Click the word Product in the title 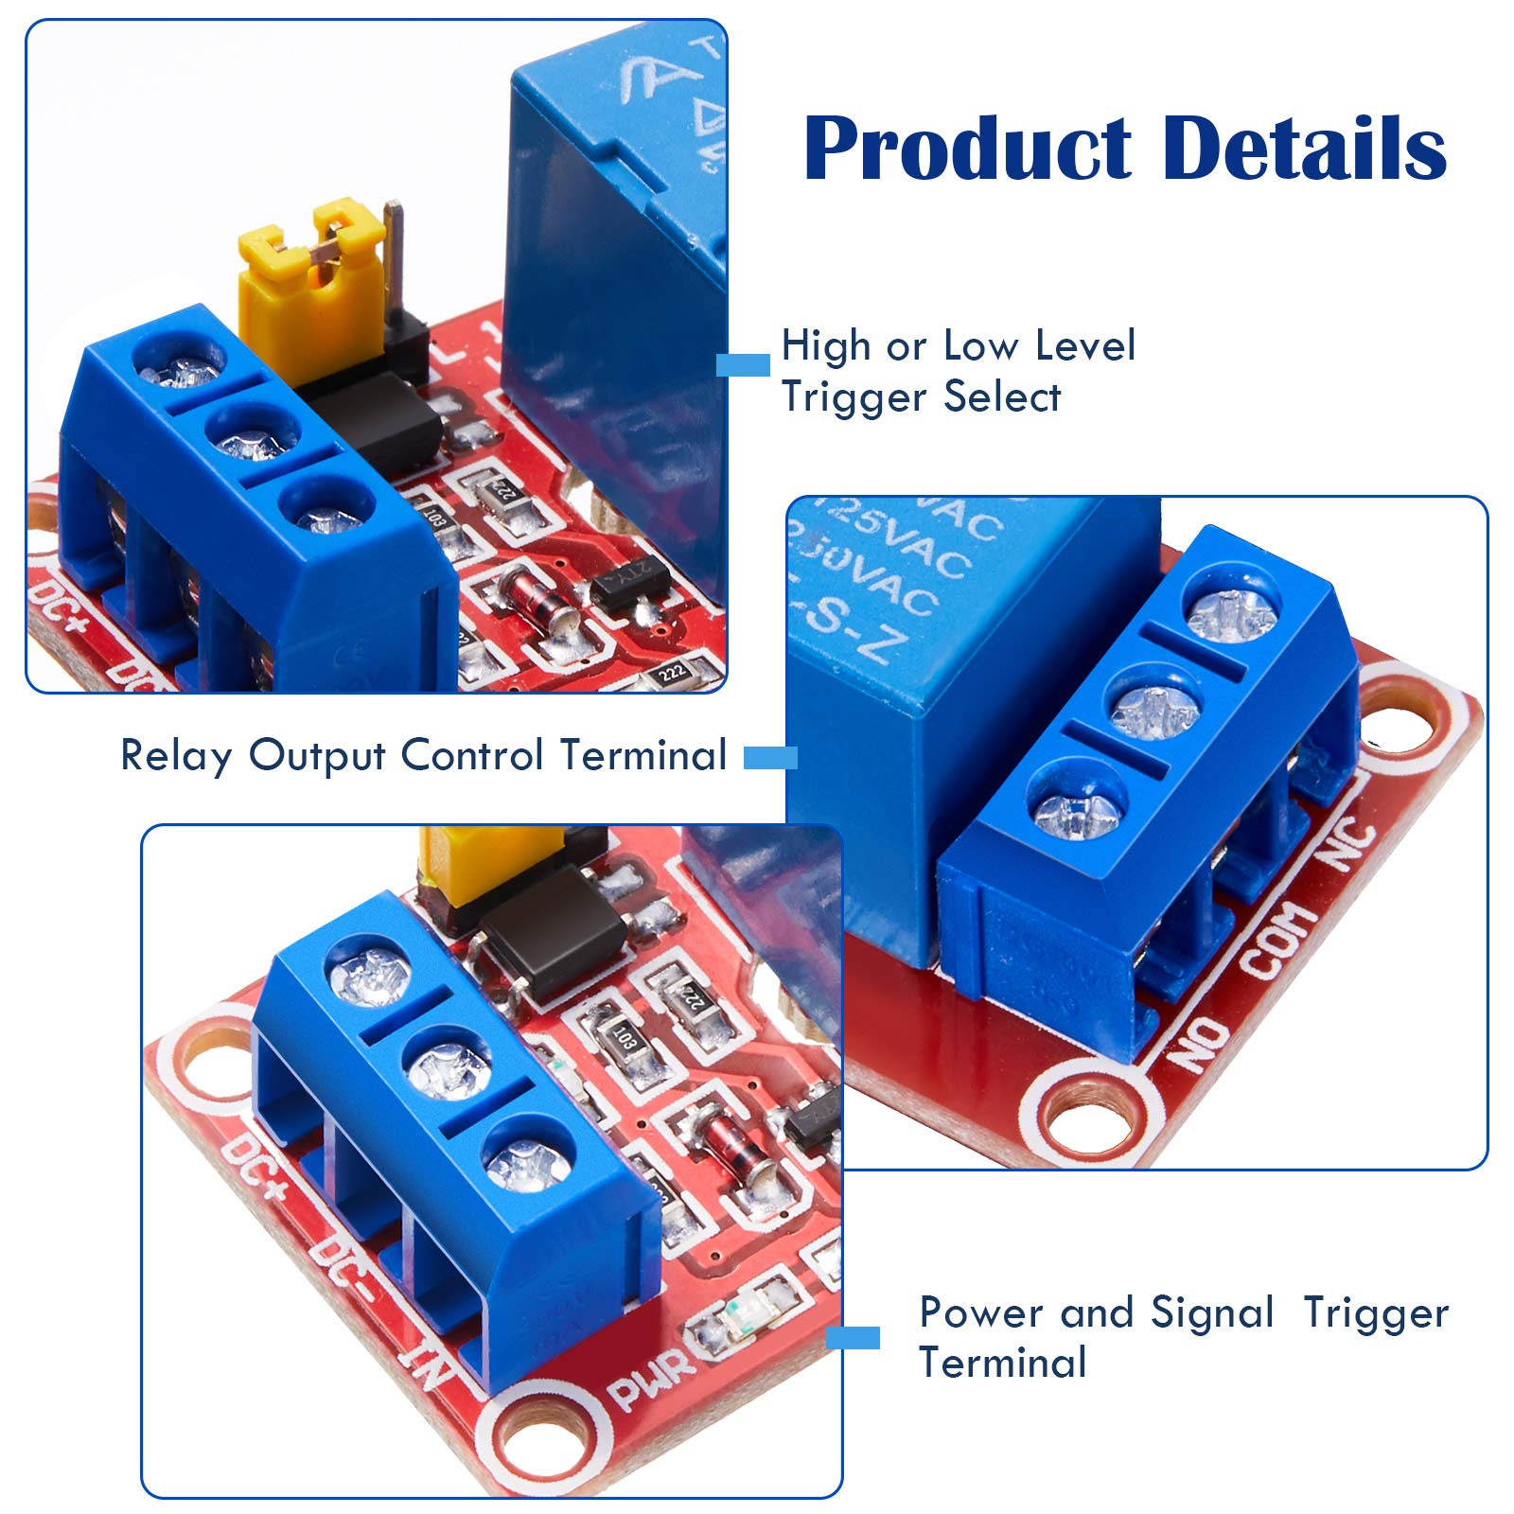click(x=967, y=149)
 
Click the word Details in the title click(x=1304, y=149)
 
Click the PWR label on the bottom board click(x=648, y=1378)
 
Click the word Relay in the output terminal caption click(x=175, y=756)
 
